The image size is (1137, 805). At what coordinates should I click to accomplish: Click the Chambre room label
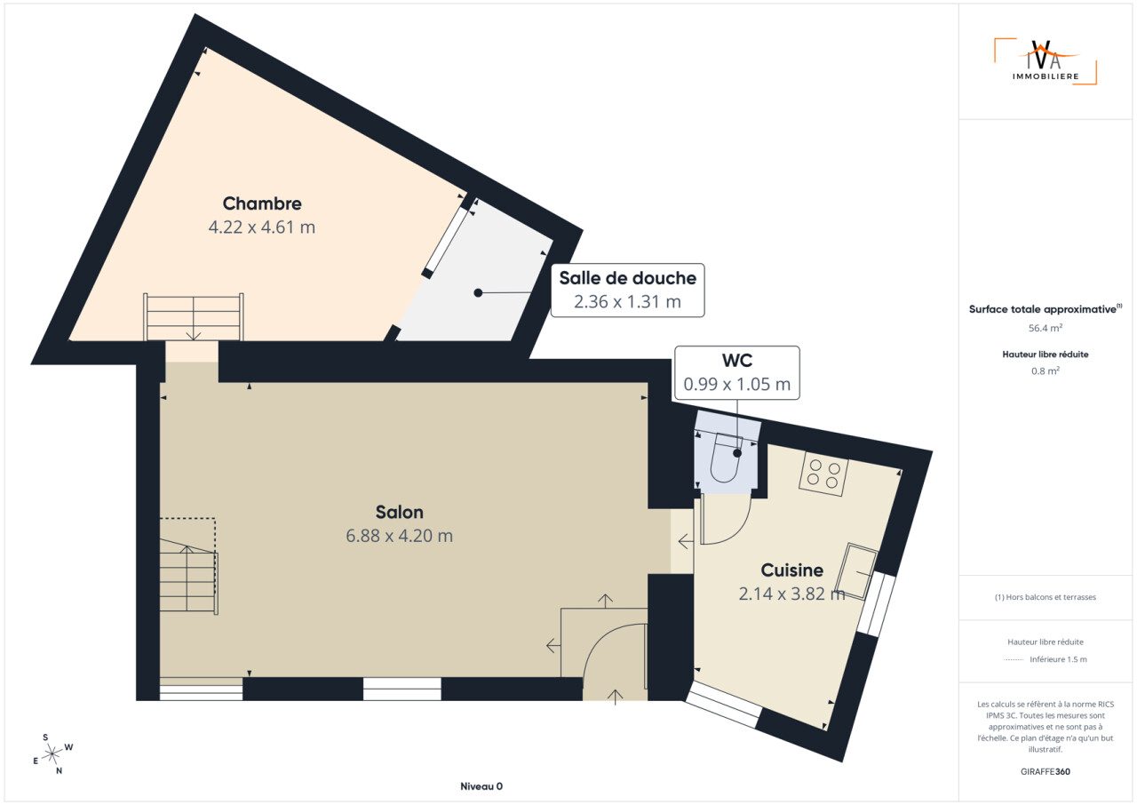(x=262, y=203)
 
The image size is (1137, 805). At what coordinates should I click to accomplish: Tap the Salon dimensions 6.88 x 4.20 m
(x=399, y=536)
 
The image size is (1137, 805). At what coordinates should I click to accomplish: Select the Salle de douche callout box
(x=627, y=291)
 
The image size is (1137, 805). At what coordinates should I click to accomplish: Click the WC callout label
(x=737, y=373)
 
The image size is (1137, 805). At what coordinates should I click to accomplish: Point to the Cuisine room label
(x=791, y=570)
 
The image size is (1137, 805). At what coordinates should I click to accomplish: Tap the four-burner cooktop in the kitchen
(x=823, y=474)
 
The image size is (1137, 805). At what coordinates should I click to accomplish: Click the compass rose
(x=52, y=754)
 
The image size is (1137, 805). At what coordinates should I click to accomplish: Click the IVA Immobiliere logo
(x=1046, y=61)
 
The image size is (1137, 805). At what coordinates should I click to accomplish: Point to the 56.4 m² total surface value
(x=1046, y=328)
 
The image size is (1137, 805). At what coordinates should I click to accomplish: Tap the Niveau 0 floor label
(x=481, y=786)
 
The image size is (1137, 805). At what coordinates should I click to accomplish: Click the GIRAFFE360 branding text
(x=1046, y=771)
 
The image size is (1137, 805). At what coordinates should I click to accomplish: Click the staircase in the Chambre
(x=194, y=316)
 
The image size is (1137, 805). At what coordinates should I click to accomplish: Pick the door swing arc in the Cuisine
(x=737, y=531)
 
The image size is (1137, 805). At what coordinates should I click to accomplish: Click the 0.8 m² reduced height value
(x=1046, y=371)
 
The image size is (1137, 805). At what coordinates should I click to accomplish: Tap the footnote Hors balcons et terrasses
(x=1046, y=597)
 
